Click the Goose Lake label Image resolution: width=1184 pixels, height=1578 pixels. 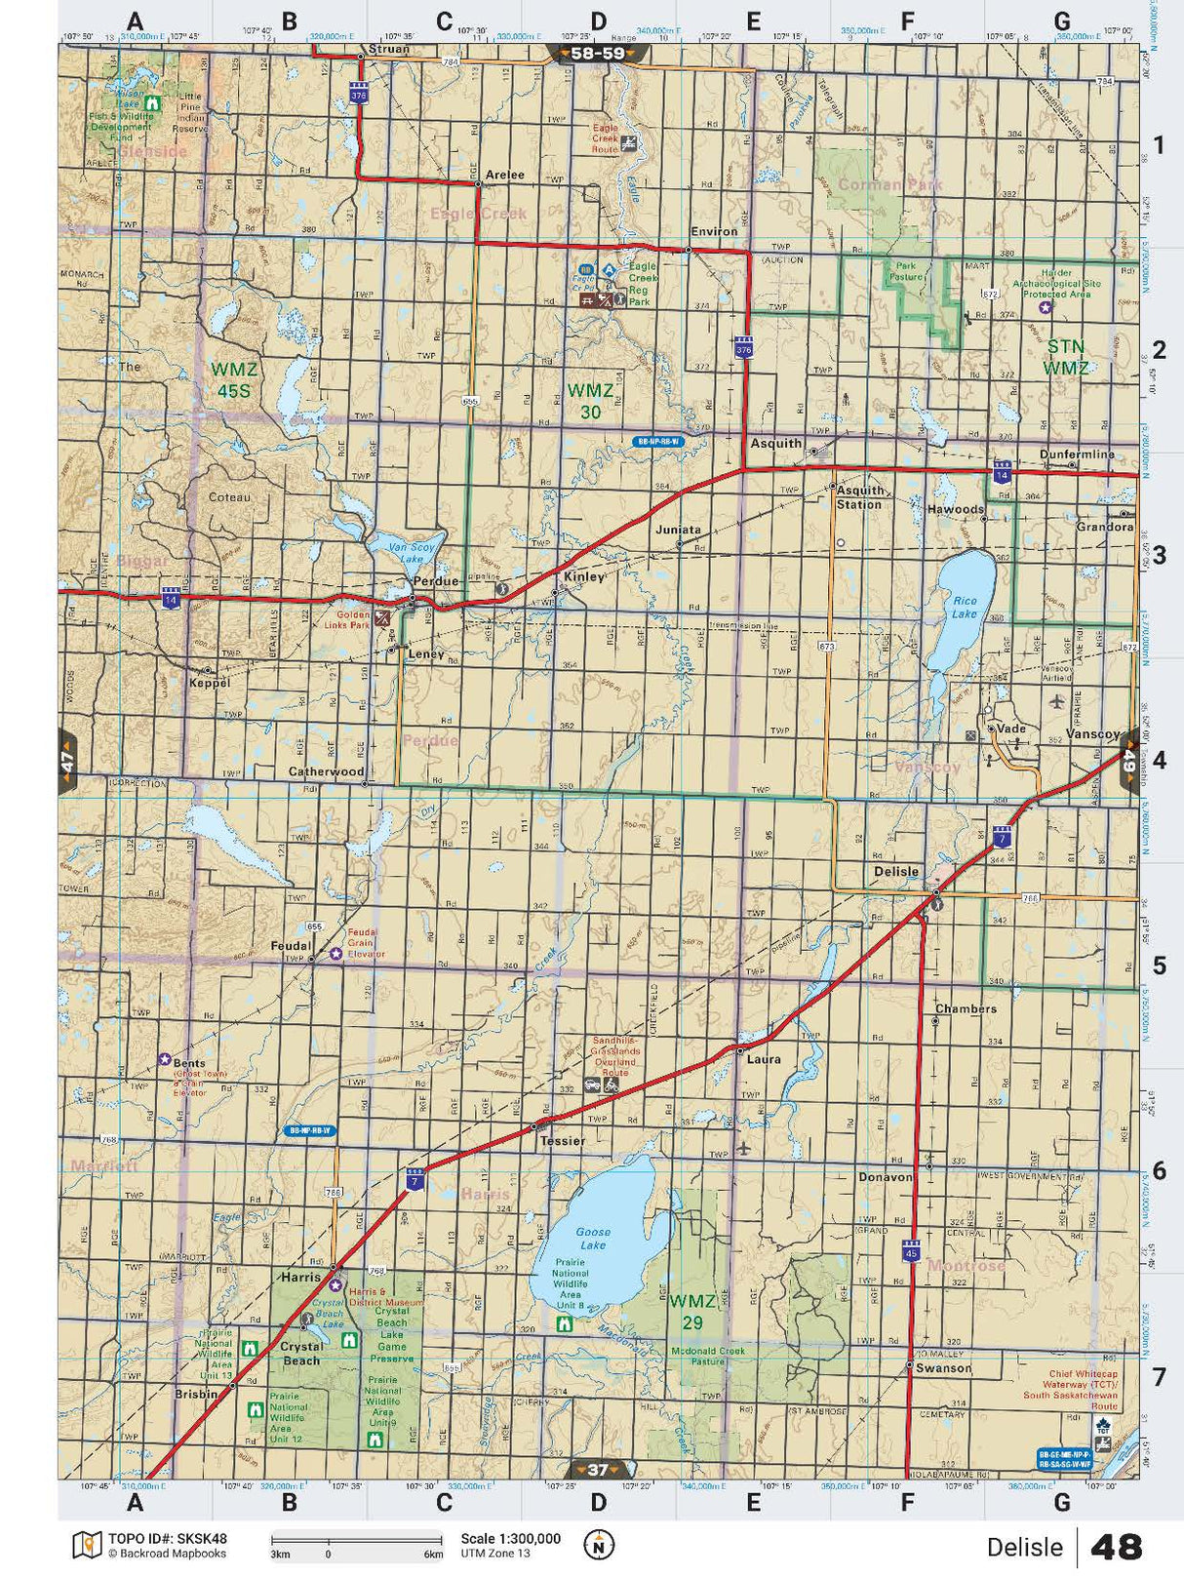(x=592, y=1239)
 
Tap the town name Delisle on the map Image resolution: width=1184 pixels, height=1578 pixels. (x=895, y=871)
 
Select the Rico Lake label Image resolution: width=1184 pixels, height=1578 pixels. (x=964, y=607)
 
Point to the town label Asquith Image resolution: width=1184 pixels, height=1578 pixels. (x=775, y=443)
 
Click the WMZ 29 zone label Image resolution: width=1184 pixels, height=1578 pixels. (x=691, y=1312)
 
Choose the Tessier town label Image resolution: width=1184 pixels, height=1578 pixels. (x=562, y=1140)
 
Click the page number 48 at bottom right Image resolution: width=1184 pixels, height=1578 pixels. (x=1116, y=1547)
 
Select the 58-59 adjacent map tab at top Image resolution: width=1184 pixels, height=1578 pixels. (x=597, y=54)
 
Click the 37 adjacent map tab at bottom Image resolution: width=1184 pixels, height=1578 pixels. (x=598, y=1470)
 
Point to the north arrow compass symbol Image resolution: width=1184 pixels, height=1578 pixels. (x=599, y=1545)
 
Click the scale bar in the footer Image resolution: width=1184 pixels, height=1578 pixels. (x=356, y=1543)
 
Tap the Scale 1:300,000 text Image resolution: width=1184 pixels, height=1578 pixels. (x=510, y=1538)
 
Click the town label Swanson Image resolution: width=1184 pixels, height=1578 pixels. (x=943, y=1368)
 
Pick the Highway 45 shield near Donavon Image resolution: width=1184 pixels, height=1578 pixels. (x=910, y=1251)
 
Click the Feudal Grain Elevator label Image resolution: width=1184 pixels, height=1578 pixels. (x=361, y=943)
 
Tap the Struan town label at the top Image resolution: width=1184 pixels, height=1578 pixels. (x=388, y=49)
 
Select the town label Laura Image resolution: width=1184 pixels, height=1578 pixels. (x=764, y=1058)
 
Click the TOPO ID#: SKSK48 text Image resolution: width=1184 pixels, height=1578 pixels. (x=167, y=1538)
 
